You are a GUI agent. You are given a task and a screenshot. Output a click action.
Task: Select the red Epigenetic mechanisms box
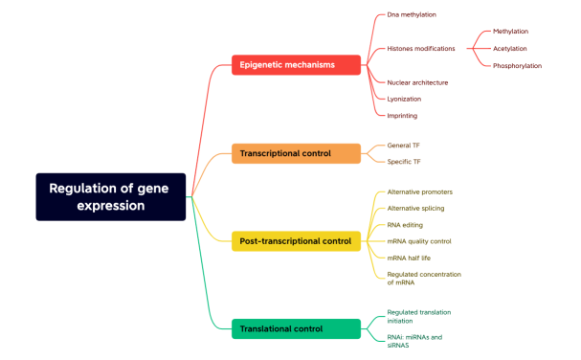click(296, 65)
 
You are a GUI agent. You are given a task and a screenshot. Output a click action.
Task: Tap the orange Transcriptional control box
click(296, 153)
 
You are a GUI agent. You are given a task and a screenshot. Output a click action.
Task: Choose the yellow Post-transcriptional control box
click(296, 241)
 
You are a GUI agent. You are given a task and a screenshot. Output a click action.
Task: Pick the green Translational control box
click(296, 329)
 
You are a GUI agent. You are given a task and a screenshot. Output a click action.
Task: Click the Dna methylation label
click(412, 14)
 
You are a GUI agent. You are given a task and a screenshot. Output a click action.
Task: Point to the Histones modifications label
click(420, 48)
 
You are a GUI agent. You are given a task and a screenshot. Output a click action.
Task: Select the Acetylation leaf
click(510, 48)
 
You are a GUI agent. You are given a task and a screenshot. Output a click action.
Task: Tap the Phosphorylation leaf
click(517, 65)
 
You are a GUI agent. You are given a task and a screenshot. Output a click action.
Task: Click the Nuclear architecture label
click(417, 82)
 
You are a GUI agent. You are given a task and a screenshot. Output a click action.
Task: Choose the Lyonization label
click(404, 99)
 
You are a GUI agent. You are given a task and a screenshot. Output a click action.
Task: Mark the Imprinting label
click(402, 115)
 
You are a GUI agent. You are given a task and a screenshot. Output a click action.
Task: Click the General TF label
click(403, 146)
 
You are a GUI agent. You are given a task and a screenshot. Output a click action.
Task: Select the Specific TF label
click(403, 162)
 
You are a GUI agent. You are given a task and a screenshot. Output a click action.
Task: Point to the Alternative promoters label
click(419, 191)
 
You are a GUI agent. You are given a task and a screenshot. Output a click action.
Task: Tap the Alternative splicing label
click(415, 208)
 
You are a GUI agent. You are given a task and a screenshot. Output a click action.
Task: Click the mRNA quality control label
click(418, 241)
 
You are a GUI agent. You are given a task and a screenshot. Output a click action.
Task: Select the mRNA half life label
click(410, 258)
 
